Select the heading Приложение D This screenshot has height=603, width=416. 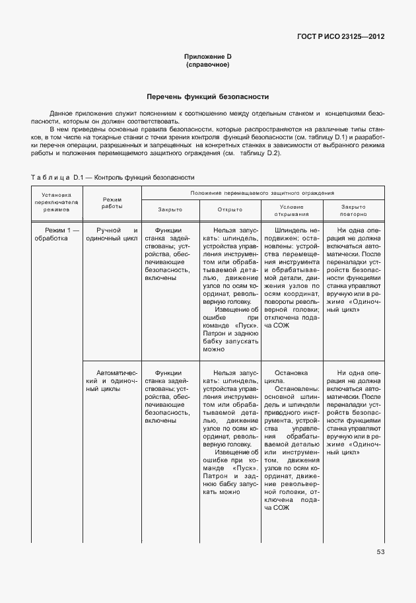coord(207,57)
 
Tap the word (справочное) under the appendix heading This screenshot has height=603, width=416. coord(207,65)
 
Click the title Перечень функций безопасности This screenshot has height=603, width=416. coord(207,96)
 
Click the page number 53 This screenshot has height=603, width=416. coord(380,551)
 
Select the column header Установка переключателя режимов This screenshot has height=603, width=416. coord(56,201)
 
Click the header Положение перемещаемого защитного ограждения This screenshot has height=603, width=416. coord(263,192)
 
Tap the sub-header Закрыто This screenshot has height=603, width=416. coord(170,209)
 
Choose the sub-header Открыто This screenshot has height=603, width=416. coord(230,209)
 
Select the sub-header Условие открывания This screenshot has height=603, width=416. coord(291,209)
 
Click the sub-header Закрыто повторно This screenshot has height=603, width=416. coord(353,209)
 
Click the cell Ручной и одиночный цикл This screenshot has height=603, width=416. coord(112,234)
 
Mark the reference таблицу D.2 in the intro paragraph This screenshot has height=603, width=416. coord(261,153)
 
